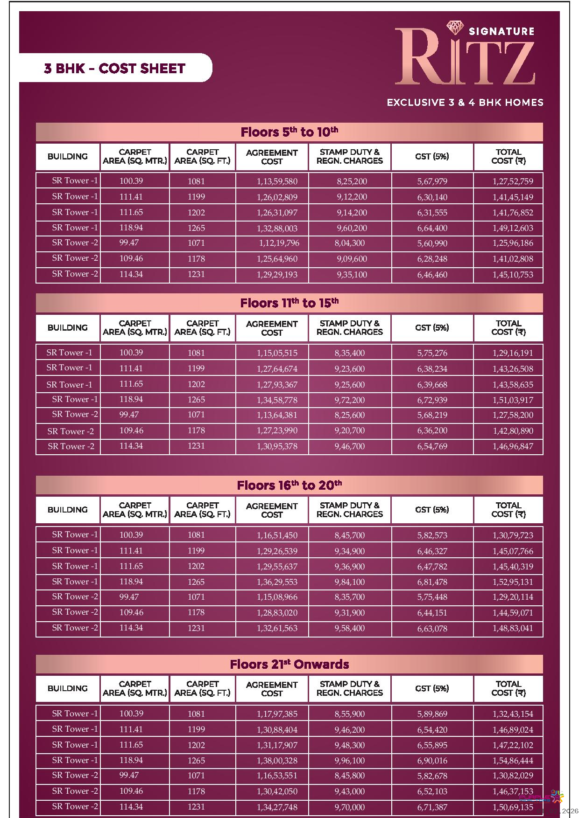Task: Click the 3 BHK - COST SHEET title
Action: [x=114, y=69]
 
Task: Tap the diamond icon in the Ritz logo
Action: [x=455, y=28]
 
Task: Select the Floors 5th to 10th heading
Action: [x=289, y=132]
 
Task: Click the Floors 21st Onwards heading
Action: [x=289, y=664]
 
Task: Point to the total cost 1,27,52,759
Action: [x=512, y=181]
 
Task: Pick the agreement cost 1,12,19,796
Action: [x=279, y=243]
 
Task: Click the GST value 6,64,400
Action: [x=432, y=228]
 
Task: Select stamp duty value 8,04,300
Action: [x=350, y=243]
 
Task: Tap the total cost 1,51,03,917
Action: [x=512, y=400]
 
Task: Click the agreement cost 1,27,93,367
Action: [x=277, y=385]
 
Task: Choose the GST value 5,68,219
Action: [x=432, y=415]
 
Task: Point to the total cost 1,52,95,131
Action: [x=512, y=582]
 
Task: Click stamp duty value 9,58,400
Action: [x=350, y=628]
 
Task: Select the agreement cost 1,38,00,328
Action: [x=277, y=761]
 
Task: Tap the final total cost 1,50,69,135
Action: [x=512, y=807]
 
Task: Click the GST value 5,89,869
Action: [x=432, y=714]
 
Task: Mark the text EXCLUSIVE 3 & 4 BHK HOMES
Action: [x=465, y=103]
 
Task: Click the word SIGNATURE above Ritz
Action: [x=501, y=31]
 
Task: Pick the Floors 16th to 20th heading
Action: [x=289, y=485]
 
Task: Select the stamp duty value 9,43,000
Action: [x=350, y=791]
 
